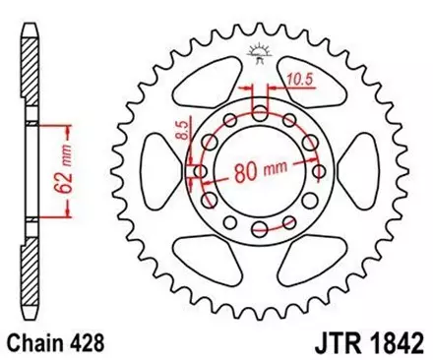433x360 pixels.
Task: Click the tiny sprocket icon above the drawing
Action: (x=259, y=51)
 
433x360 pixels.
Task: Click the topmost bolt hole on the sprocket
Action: (x=259, y=114)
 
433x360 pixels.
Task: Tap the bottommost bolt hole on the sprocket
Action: (x=259, y=230)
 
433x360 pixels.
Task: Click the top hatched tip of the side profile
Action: (x=31, y=59)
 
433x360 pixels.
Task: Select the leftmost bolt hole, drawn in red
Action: (x=202, y=172)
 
